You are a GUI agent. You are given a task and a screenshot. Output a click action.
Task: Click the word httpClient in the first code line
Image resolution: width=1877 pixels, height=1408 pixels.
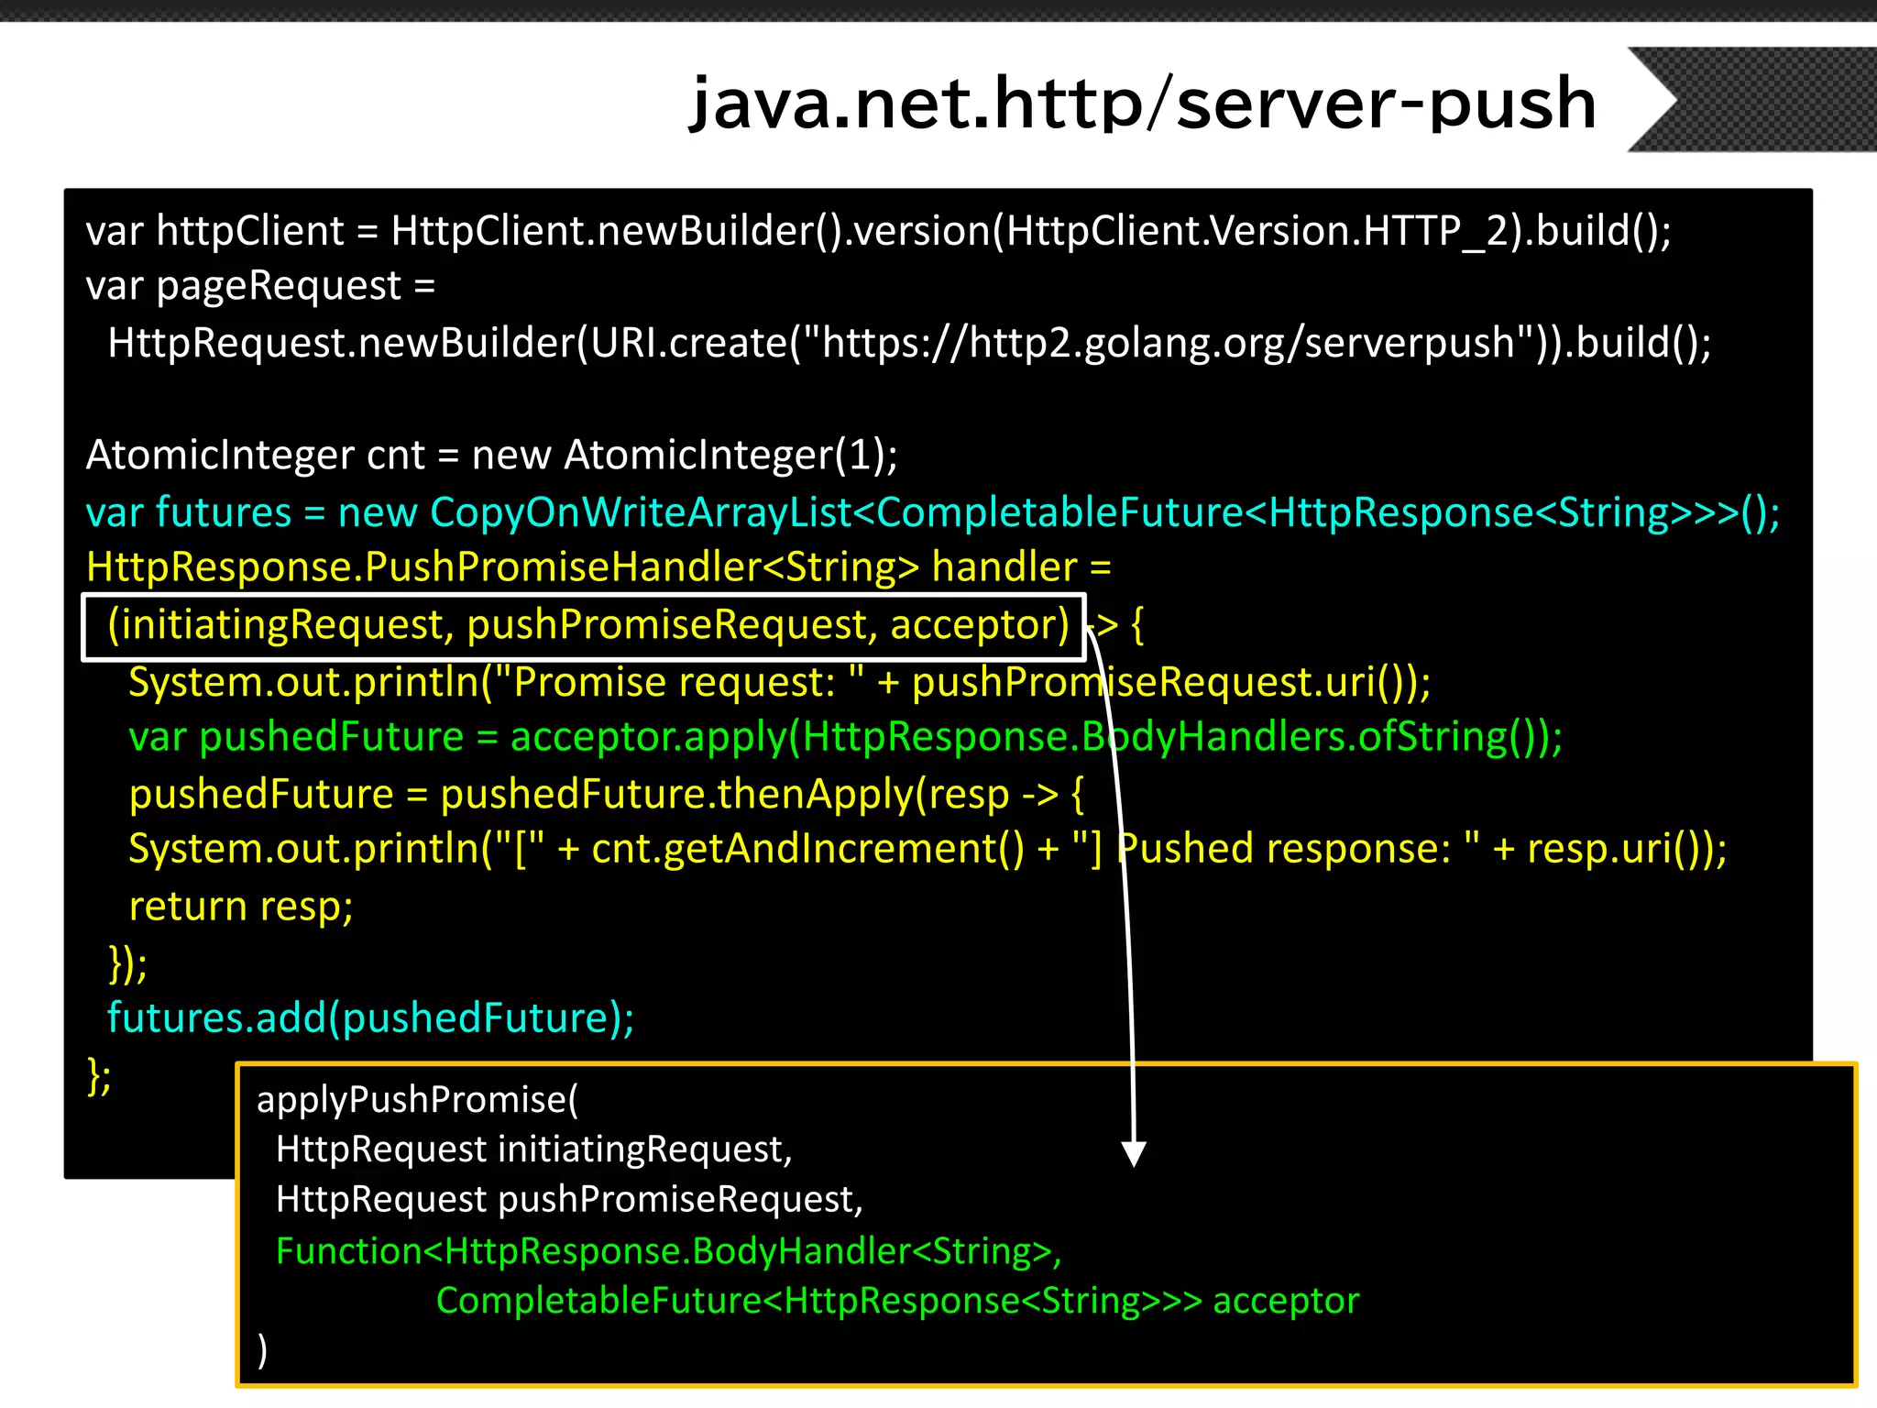[x=250, y=231]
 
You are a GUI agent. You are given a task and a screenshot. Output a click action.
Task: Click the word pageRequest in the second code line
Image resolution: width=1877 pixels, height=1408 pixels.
[x=279, y=286]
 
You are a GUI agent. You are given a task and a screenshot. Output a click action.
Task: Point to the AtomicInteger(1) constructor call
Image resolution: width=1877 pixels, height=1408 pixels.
[x=730, y=455]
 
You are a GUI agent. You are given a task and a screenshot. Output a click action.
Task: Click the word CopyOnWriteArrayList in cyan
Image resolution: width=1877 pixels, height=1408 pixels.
[x=641, y=511]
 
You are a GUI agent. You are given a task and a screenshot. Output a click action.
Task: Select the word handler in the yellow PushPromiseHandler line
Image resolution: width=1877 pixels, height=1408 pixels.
[x=1004, y=567]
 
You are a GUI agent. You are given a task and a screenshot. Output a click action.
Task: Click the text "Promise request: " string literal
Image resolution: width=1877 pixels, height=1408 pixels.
[x=679, y=682]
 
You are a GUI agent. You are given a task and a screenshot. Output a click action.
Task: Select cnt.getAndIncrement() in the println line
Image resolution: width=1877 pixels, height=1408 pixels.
[x=807, y=849]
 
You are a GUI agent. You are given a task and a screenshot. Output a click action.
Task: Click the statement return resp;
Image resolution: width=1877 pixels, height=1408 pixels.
[x=241, y=907]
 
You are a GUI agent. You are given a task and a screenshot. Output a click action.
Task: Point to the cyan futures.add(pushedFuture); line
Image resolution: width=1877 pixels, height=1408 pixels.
[x=370, y=1017]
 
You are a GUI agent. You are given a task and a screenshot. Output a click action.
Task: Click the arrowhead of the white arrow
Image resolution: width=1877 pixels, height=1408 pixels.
[x=1134, y=1154]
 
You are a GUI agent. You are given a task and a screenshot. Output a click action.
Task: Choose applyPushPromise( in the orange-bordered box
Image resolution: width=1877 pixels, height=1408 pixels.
[x=417, y=1099]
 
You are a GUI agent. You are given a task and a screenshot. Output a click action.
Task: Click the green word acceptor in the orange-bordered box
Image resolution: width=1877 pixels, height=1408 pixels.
[x=1285, y=1301]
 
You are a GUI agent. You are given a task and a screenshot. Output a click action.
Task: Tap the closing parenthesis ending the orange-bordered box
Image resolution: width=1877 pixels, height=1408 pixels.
[x=263, y=1350]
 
